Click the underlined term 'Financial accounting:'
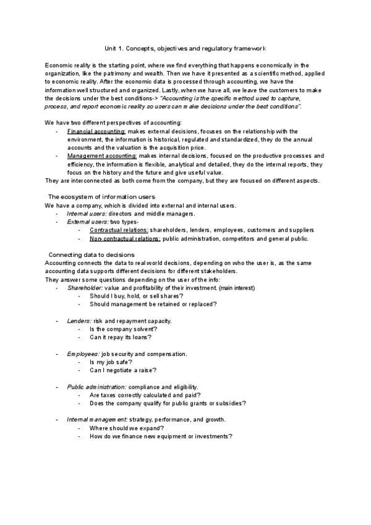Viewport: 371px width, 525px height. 96,132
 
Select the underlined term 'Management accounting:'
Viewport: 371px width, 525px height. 103,156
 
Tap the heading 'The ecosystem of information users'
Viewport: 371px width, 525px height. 101,197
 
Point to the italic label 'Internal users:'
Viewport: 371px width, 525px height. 87,214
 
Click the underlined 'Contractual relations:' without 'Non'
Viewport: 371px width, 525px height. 119,230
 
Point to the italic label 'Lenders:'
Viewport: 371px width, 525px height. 79,321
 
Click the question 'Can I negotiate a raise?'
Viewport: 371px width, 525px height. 122,370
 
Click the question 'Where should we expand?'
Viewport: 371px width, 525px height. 126,428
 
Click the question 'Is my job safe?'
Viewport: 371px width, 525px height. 111,362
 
